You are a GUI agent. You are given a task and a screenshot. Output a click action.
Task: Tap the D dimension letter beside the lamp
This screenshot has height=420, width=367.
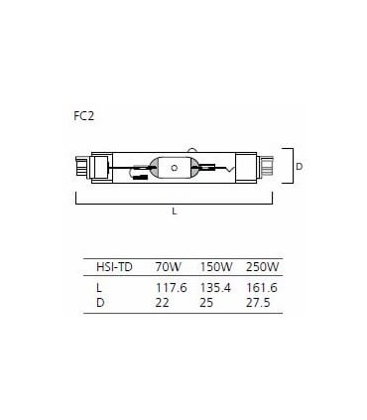[299, 167]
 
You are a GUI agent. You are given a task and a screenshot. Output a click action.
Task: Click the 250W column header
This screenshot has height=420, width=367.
[261, 267]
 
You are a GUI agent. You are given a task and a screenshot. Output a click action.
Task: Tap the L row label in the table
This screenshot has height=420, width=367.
[99, 287]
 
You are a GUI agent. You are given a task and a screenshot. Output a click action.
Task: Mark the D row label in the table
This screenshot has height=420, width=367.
[100, 302]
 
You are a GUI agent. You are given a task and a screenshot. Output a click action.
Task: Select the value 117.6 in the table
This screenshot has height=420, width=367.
[171, 287]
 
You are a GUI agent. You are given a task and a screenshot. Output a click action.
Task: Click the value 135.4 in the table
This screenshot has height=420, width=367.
[215, 287]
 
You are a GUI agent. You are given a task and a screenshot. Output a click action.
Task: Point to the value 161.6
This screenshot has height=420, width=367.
[260, 287]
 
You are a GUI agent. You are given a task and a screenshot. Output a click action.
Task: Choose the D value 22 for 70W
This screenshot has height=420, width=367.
[162, 302]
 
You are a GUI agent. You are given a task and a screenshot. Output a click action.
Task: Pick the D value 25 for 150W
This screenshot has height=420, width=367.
[207, 302]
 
